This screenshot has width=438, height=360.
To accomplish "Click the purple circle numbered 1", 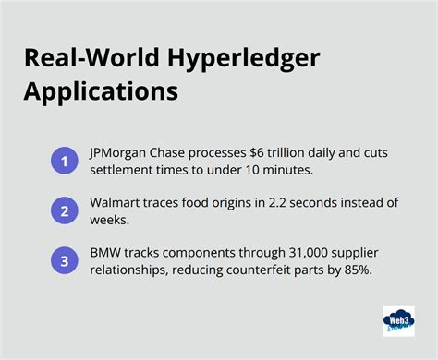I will tap(64, 162).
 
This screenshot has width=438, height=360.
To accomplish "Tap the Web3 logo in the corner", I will tap(398, 320).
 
